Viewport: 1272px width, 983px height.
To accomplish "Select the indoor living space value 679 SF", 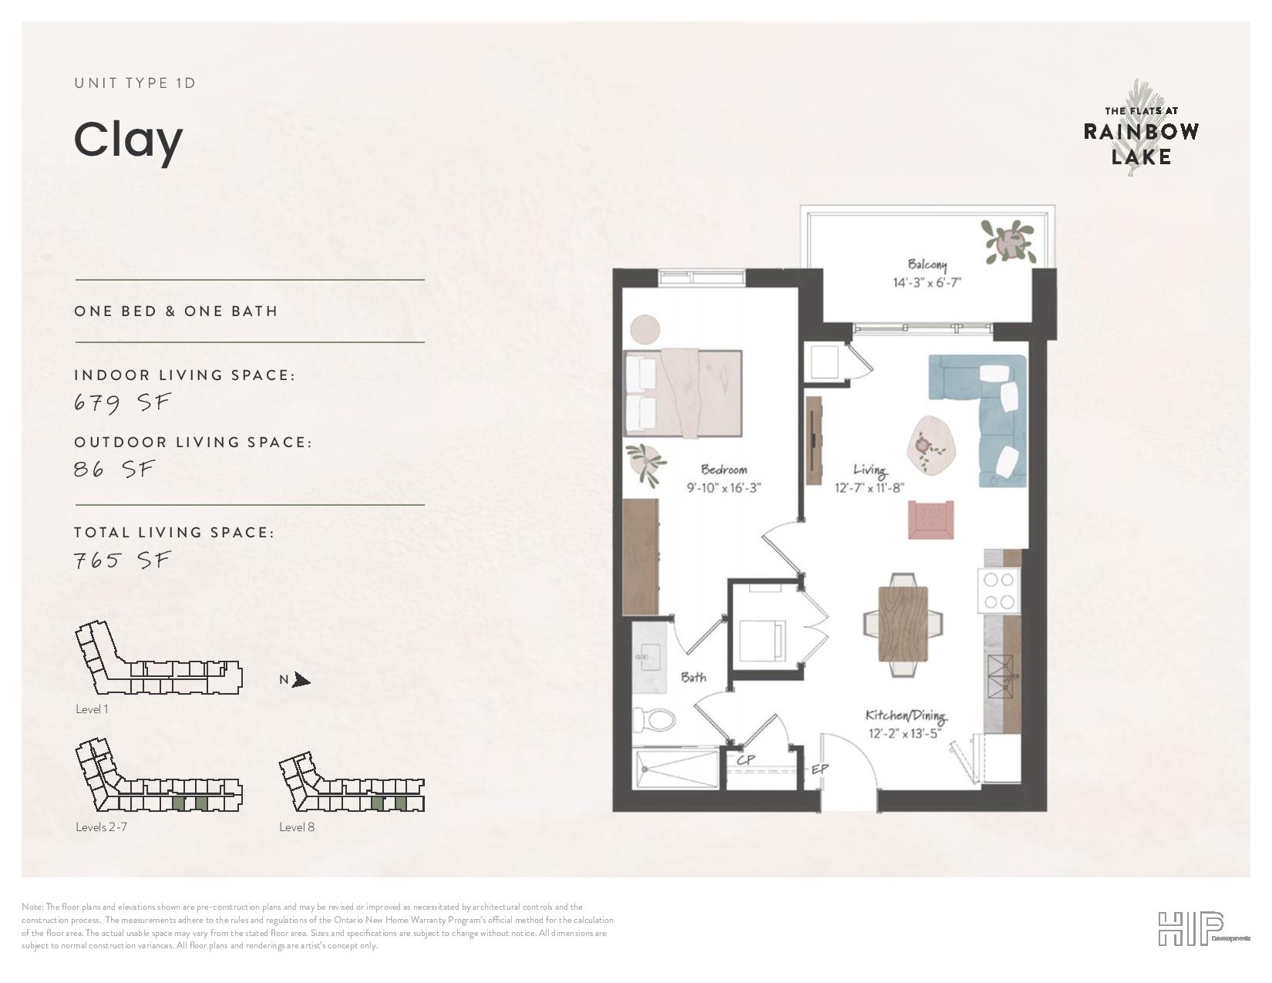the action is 122,402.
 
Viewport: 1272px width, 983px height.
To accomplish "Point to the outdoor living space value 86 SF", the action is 114,469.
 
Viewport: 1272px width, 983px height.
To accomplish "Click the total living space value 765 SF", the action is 122,561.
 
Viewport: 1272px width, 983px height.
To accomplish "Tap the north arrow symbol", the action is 301,680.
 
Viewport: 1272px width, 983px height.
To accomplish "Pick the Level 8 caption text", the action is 297,826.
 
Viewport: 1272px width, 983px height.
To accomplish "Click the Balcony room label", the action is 927,264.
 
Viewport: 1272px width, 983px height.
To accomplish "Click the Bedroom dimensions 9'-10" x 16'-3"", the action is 724,488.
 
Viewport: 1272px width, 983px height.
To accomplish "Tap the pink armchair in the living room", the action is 930,520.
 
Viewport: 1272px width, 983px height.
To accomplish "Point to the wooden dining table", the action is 904,624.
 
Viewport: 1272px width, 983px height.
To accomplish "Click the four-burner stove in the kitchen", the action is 998,591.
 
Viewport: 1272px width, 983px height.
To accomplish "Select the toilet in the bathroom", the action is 654,719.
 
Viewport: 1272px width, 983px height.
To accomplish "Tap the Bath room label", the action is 694,678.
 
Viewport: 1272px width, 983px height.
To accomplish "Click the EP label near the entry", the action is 819,769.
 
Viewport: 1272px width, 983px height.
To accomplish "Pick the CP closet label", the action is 745,760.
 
